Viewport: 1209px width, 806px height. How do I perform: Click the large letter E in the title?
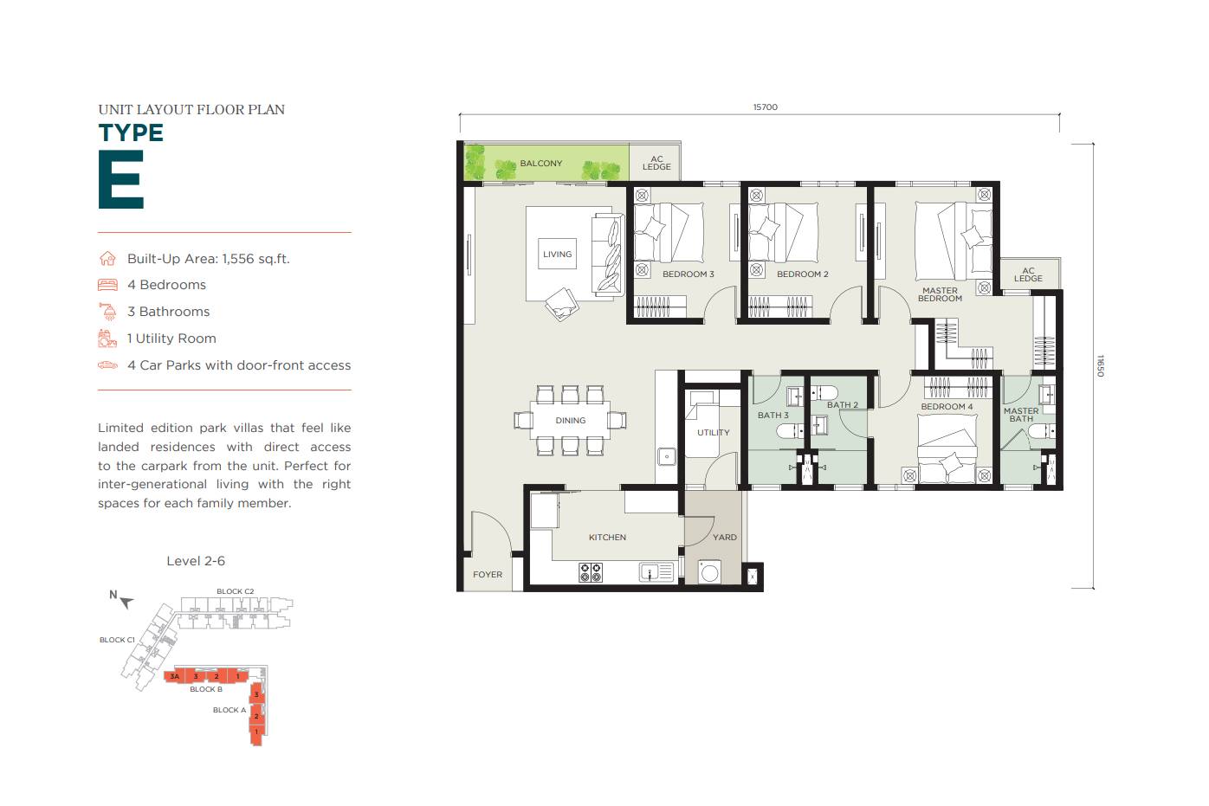(120, 180)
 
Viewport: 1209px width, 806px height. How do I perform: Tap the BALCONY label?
(540, 164)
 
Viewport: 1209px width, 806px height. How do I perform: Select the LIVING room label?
(557, 255)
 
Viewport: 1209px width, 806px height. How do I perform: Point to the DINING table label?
(570, 421)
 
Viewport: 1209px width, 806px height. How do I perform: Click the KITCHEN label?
(607, 538)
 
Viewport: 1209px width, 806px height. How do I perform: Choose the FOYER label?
(488, 575)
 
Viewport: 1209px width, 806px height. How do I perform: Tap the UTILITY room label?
(713, 433)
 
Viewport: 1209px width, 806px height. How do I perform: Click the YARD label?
(725, 538)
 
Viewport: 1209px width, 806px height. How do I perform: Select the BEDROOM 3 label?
(688, 274)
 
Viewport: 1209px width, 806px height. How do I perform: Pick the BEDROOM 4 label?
(947, 407)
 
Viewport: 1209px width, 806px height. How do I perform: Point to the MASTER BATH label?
(1021, 415)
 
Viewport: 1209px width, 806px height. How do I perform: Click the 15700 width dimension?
(765, 107)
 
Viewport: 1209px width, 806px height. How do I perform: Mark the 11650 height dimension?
(1101, 365)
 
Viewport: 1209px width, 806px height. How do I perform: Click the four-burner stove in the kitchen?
(591, 572)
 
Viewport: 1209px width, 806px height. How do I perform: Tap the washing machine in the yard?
(710, 572)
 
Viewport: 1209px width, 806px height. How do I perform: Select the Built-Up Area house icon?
(107, 259)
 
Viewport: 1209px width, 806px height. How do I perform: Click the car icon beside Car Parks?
(107, 365)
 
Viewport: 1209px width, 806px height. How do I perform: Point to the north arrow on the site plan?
(126, 602)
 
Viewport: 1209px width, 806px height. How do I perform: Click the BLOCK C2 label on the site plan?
(235, 592)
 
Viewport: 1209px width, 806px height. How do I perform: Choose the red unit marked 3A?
(175, 676)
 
